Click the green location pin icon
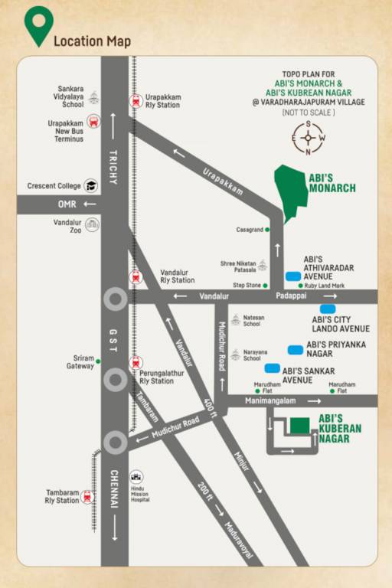pyautogui.click(x=38, y=25)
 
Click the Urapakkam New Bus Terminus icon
pyautogui.click(x=93, y=121)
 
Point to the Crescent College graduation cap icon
pyautogui.click(x=91, y=185)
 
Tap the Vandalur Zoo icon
pyautogui.click(x=92, y=224)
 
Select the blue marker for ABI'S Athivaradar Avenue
pyautogui.click(x=292, y=276)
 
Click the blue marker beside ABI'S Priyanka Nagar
pyautogui.click(x=296, y=349)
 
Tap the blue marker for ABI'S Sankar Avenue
pyautogui.click(x=272, y=368)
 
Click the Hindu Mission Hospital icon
pyautogui.click(x=136, y=476)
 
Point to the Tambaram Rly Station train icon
pyautogui.click(x=87, y=497)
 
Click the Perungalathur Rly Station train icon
pyautogui.click(x=136, y=362)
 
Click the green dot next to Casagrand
pyautogui.click(x=267, y=229)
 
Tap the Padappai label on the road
pyautogui.click(x=291, y=296)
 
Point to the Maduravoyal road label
pyautogui.click(x=240, y=540)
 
